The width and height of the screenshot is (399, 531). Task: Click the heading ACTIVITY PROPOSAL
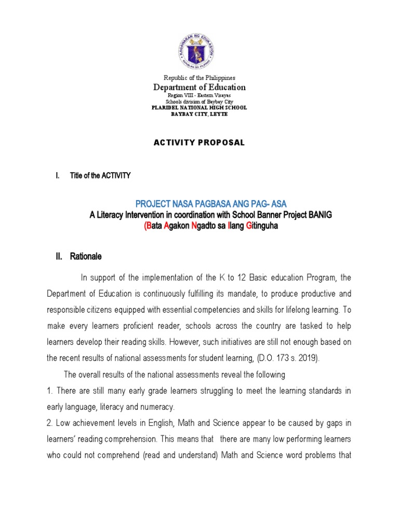tap(199, 143)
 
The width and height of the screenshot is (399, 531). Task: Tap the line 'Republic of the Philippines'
tap(199, 78)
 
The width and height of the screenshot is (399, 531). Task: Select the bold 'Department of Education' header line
tap(199, 88)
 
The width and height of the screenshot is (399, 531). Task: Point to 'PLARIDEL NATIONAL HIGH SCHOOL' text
tap(199, 108)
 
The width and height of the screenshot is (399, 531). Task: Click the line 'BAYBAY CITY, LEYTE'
tap(199, 114)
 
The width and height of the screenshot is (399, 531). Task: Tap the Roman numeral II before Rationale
tap(59, 256)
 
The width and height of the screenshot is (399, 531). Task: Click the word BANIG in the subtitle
tap(323, 214)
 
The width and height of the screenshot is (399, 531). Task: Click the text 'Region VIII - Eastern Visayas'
tap(199, 96)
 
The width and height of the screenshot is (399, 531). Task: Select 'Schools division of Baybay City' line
tap(199, 102)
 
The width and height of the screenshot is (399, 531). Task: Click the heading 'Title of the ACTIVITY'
tap(100, 176)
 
